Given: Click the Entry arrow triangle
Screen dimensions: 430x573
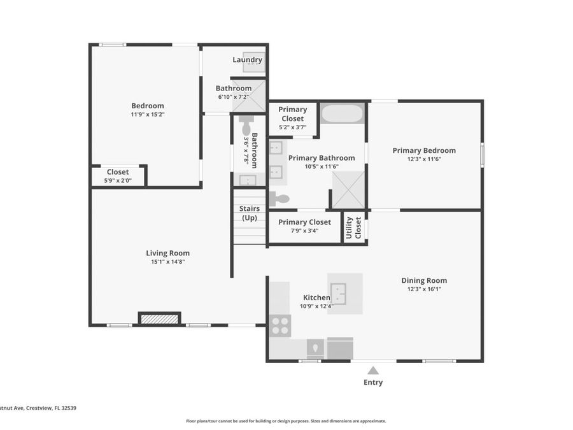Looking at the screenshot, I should pos(373,370).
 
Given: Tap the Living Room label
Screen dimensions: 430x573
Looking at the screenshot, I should pos(167,253).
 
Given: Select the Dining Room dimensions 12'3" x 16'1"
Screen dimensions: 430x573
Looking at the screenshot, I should pos(423,289).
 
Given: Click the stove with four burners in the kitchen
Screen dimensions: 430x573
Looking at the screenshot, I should pos(280,325).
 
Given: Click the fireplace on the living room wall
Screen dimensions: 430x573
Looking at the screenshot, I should pos(160,319).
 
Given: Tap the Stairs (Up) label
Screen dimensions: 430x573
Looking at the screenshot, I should pos(249,213).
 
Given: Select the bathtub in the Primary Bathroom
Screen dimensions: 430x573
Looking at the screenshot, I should pos(342,113).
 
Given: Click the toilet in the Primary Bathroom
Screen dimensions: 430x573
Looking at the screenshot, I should pos(278,199).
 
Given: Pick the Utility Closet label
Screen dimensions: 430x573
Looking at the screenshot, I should pos(353,227).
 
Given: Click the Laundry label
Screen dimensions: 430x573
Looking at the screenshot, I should pos(247,60).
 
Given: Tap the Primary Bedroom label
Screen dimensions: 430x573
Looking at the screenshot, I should pos(424,150).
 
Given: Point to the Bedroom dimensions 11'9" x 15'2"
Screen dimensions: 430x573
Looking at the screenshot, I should pos(147,115).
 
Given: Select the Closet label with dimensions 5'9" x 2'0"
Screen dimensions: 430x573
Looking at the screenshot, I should pos(118,172).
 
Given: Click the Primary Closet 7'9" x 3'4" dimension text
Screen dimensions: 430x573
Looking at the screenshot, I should pos(304,231).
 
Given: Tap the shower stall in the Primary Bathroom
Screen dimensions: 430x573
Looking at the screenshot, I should pos(348,189).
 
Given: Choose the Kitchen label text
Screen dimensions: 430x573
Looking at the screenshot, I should pos(316,297).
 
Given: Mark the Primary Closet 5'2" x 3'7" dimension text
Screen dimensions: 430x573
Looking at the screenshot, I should pos(292,127).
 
